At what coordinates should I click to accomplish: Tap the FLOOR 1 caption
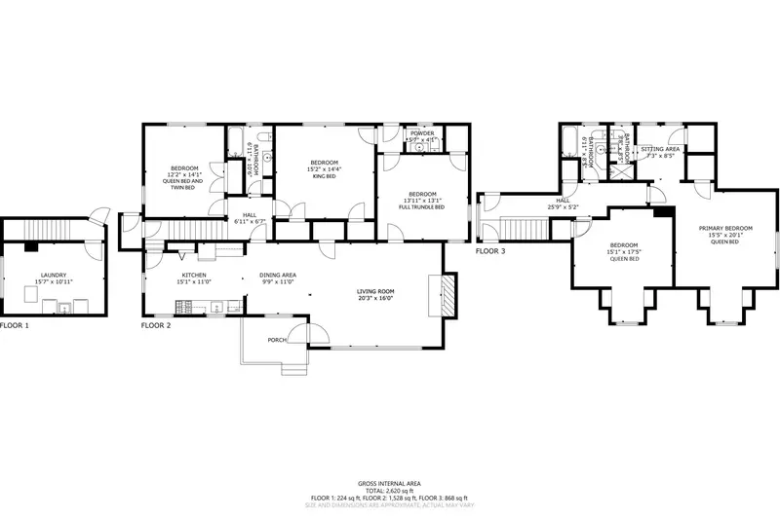click(x=15, y=324)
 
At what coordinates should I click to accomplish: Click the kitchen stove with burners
click(x=215, y=309)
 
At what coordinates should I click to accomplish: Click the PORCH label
click(x=278, y=340)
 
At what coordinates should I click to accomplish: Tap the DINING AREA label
click(x=278, y=276)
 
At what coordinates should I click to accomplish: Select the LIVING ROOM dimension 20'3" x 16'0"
click(x=373, y=299)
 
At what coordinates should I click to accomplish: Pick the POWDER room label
click(x=421, y=133)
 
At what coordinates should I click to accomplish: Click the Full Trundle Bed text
click(x=425, y=207)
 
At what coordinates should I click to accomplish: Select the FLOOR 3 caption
click(x=490, y=251)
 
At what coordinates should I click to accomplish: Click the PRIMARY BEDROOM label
click(x=725, y=228)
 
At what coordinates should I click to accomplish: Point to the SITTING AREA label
click(x=660, y=148)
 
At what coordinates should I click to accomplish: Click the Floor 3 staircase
click(x=522, y=230)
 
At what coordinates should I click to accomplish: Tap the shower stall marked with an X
click(x=616, y=165)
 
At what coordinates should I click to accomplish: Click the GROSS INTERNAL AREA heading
click(x=389, y=483)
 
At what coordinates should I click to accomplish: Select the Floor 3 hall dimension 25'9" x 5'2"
click(x=563, y=206)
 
